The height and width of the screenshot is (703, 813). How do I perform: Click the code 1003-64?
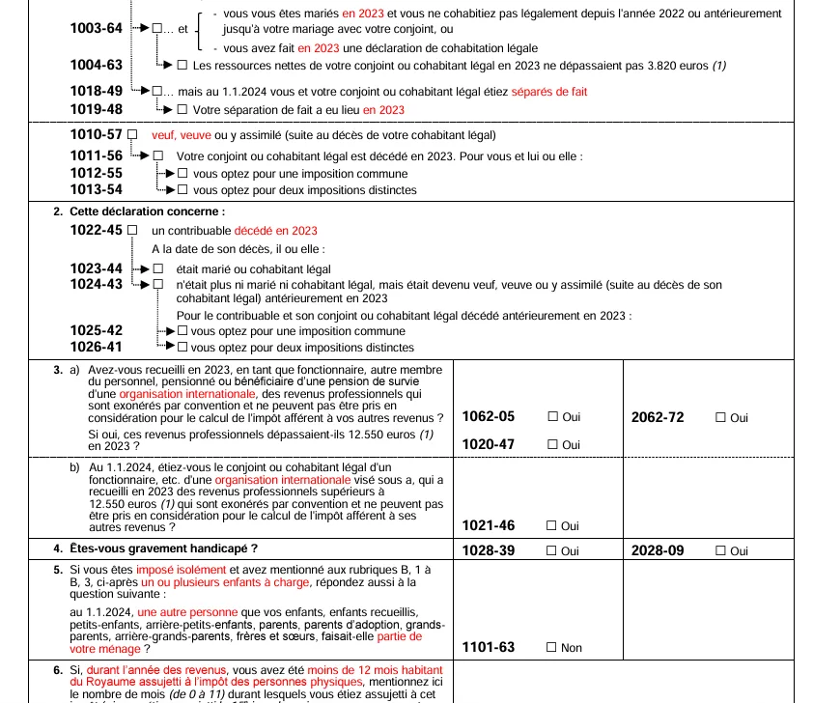97,28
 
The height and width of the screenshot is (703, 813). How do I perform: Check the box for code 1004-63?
182,66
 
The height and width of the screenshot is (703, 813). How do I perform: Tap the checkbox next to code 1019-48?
182,110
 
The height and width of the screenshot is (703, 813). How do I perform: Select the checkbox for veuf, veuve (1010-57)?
132,134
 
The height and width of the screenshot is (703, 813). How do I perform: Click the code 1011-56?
97,155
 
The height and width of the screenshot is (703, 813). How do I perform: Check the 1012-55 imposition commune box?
182,174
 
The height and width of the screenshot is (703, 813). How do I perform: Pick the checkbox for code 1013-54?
182,190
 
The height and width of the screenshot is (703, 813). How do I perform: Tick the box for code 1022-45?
132,231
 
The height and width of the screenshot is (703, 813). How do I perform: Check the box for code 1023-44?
158,268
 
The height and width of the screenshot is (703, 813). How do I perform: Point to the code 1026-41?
97,347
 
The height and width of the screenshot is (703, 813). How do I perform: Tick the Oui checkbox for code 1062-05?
553,417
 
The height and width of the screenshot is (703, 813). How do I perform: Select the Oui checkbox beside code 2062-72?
720,417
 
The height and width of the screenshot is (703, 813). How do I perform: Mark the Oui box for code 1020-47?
553,444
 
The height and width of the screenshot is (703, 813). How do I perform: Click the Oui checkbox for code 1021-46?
553,526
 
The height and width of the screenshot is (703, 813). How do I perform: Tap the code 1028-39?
489,550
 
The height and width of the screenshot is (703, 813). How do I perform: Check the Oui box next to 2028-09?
720,550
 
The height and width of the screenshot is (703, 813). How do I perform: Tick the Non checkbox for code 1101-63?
553,648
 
